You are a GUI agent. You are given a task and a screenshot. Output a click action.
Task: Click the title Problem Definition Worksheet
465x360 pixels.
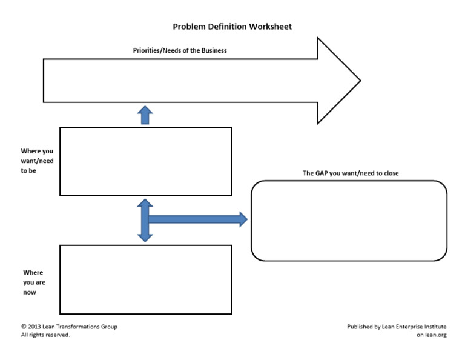click(232, 27)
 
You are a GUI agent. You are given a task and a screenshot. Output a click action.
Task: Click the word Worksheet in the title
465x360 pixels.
click(271, 27)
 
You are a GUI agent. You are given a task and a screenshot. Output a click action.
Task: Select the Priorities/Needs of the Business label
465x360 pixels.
click(180, 51)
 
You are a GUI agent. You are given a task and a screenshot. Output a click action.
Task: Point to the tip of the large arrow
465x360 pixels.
click(359, 81)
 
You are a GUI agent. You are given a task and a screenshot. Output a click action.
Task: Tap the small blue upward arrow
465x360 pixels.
click(145, 115)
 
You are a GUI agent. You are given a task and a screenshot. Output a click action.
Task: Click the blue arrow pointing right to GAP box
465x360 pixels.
click(200, 219)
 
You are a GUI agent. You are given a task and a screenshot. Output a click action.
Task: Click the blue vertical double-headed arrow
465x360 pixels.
click(145, 220)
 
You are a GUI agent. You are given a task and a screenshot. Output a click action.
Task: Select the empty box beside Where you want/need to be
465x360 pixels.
click(145, 161)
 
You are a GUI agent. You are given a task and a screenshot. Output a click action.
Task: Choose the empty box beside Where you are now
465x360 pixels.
click(145, 279)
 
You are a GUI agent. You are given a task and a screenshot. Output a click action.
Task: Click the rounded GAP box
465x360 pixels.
click(349, 221)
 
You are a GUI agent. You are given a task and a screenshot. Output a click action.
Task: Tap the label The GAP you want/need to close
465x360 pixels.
click(351, 173)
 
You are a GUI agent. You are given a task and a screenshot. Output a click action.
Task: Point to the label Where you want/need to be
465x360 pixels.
click(37, 161)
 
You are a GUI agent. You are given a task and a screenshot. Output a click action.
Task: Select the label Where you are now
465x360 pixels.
click(33, 282)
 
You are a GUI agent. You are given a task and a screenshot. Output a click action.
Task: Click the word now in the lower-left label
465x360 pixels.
click(30, 292)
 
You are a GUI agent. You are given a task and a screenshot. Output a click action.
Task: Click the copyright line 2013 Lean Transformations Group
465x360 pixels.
click(69, 327)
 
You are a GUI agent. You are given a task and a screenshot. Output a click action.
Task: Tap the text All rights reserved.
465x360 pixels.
click(45, 335)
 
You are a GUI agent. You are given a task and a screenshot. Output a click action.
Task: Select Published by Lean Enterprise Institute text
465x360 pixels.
click(397, 327)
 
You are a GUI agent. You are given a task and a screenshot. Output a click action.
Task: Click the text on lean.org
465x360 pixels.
click(431, 335)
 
